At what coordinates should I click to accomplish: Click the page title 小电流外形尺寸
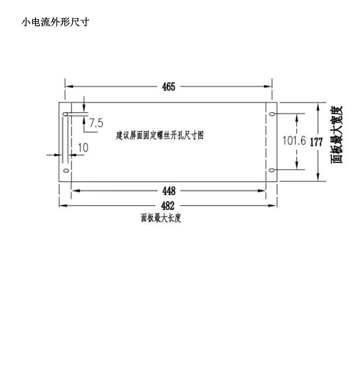56,22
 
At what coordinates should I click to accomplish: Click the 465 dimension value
169,87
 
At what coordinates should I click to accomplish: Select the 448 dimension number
169,191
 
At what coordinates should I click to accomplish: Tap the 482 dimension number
168,206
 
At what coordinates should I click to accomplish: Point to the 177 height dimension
316,142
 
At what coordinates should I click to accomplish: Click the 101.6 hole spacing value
294,141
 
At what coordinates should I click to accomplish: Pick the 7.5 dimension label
96,123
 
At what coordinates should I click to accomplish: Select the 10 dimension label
83,148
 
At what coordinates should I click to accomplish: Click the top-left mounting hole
66,114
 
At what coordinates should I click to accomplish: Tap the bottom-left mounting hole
66,170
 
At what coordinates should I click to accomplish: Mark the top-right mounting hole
272,114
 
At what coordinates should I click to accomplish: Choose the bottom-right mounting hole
272,170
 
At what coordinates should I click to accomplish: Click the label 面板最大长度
161,218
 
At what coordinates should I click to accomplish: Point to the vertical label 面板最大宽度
336,135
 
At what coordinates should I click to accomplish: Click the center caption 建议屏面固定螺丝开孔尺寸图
160,135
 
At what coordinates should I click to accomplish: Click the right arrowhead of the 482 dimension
274,205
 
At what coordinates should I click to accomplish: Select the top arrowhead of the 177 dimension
318,105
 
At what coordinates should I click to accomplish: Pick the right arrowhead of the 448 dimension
263,190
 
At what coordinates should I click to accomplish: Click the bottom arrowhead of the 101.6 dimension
297,166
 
